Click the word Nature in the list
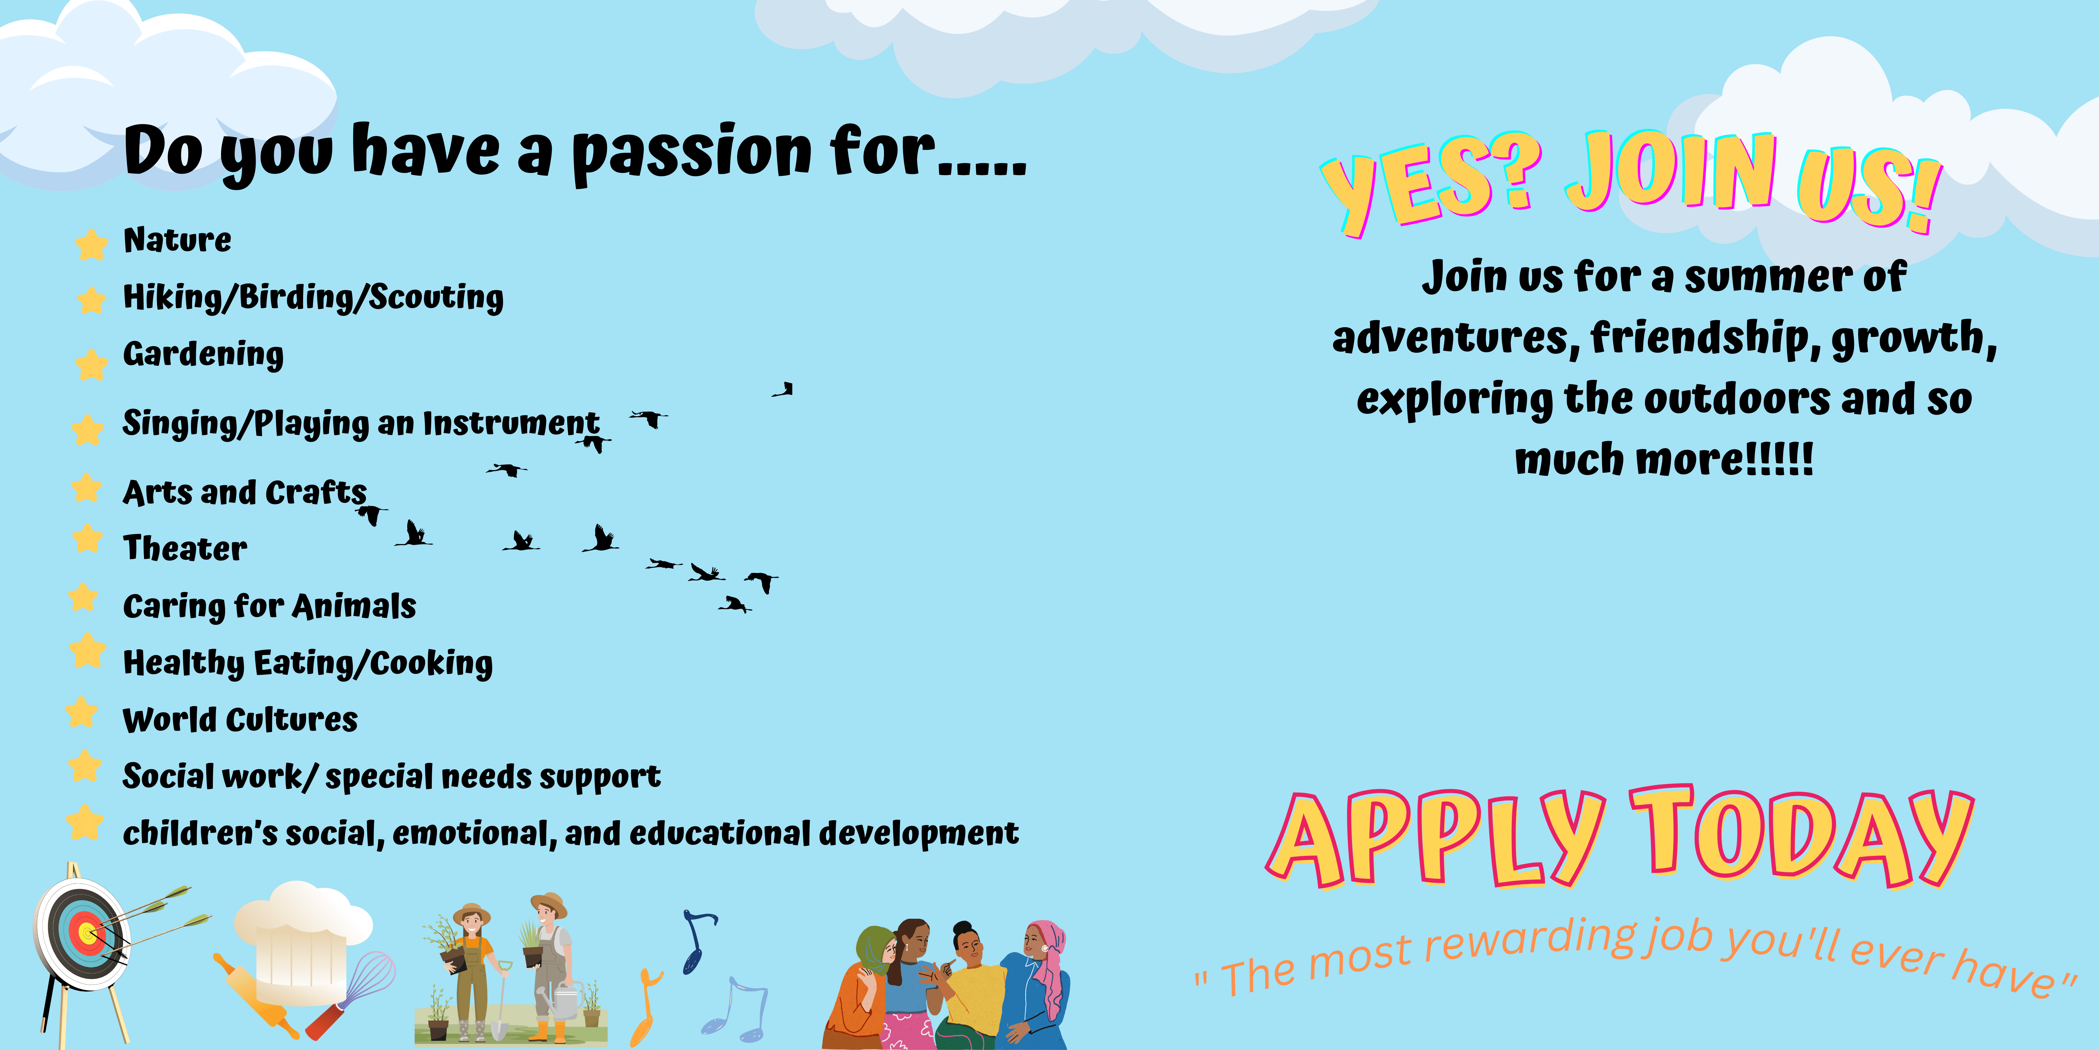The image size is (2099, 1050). pyautogui.click(x=177, y=240)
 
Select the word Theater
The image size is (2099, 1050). pyautogui.click(x=185, y=548)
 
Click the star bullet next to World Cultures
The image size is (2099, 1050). pyautogui.click(x=81, y=712)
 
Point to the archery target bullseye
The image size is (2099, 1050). pyautogui.click(x=86, y=932)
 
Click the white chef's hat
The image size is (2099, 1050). pyautogui.click(x=302, y=938)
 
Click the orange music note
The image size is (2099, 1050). pyautogui.click(x=645, y=1007)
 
